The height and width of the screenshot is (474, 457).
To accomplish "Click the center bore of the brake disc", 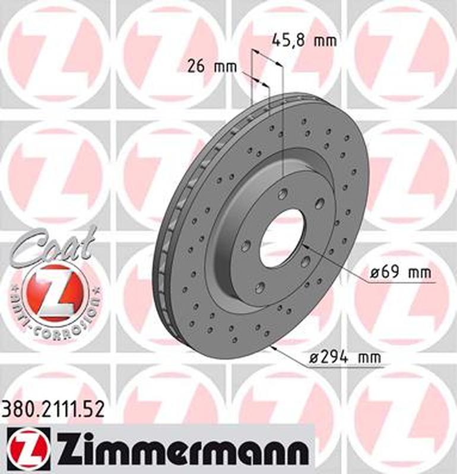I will point(281,237).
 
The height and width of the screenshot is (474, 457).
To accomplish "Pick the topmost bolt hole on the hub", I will point(283,193).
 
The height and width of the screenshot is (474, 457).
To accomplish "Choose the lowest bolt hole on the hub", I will point(259,287).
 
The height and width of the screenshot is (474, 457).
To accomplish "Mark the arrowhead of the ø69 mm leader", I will point(304,245).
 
